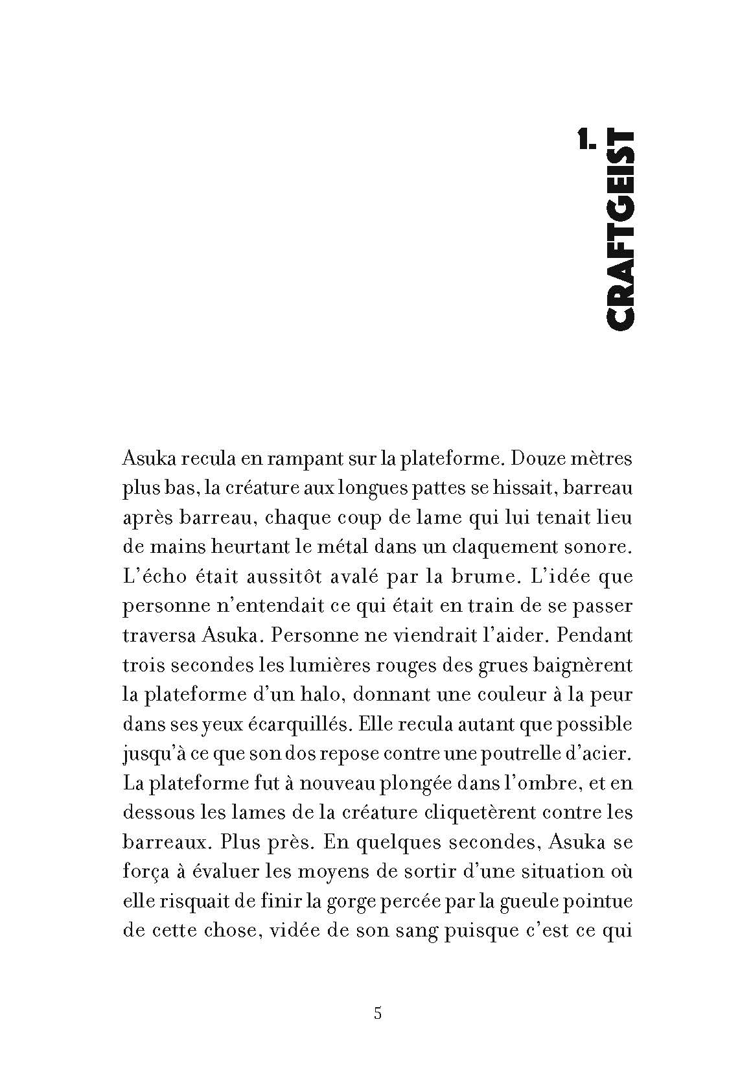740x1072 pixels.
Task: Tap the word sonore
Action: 601,546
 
